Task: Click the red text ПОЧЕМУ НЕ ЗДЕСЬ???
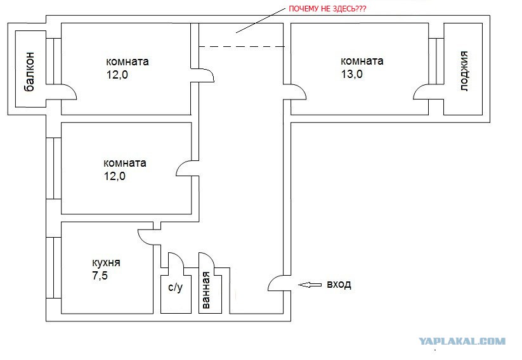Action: pos(327,9)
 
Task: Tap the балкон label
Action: pos(29,71)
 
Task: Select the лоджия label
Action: pos(464,71)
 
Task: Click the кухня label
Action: pos(106,263)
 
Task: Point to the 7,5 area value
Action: pos(100,276)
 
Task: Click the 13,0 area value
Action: pos(351,74)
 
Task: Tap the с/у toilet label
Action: pos(176,287)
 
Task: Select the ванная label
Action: pos(206,290)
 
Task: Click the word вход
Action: pos(339,285)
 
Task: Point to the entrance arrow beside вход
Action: pos(310,285)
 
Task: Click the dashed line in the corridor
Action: pos(242,46)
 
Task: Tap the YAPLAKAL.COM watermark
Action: pos(462,342)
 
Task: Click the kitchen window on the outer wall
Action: pos(54,267)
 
